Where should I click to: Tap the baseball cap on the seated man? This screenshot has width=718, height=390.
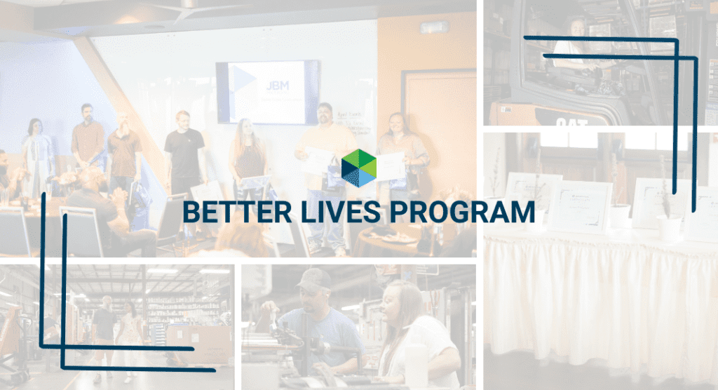313,280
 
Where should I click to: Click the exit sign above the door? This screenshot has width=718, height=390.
433,27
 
